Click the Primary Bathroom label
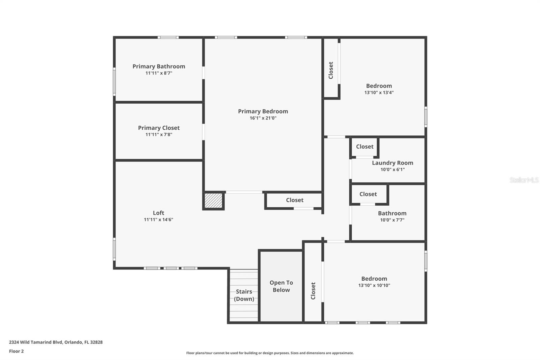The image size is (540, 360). click(159, 67)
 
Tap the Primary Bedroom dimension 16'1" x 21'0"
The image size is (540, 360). click(263, 118)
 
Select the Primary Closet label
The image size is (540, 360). click(159, 128)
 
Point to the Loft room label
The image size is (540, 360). click(158, 213)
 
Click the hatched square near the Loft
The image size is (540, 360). click(214, 201)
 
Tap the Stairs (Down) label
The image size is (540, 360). click(244, 295)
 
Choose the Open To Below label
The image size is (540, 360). click(281, 286)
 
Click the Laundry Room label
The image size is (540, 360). click(392, 163)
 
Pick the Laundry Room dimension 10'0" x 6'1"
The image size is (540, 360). click(392, 170)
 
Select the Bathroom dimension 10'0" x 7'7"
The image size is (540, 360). click(392, 220)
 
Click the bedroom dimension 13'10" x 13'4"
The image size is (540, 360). click(379, 93)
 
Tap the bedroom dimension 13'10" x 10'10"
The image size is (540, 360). click(374, 285)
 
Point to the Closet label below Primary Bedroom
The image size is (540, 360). click(295, 200)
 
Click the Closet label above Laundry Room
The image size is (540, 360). click(364, 147)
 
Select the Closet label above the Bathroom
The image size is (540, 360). click(368, 194)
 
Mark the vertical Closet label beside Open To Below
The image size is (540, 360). click(313, 291)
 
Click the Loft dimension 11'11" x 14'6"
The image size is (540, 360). click(158, 220)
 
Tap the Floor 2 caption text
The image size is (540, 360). click(16, 351)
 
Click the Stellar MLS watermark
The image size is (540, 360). click(524, 180)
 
